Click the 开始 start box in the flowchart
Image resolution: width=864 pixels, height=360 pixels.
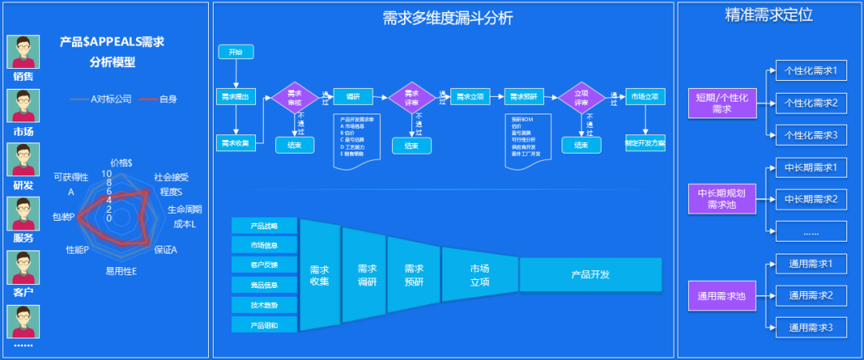pyautogui.click(x=236, y=52)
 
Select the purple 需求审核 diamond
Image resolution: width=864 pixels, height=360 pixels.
pyautogui.click(x=294, y=98)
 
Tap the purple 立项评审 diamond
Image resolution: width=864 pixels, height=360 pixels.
pyautogui.click(x=582, y=98)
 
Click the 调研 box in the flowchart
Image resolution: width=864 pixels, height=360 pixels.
pyautogui.click(x=353, y=97)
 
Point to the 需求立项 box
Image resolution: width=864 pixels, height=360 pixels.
pyautogui.click(x=470, y=97)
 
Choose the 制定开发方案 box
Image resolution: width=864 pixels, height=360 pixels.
pyautogui.click(x=645, y=144)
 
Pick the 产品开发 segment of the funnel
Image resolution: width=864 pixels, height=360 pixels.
pyautogui.click(x=590, y=274)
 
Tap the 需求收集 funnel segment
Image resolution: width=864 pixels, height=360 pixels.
pyautogui.click(x=319, y=275)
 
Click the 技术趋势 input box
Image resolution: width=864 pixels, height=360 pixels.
pyautogui.click(x=264, y=305)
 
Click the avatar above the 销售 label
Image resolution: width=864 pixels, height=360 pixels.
pyautogui.click(x=23, y=52)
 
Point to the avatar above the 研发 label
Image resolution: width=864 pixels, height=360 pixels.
pyautogui.click(x=23, y=159)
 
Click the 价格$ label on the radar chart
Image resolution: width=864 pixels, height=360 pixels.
pyautogui.click(x=122, y=162)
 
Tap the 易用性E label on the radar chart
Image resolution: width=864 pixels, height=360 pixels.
pyautogui.click(x=121, y=271)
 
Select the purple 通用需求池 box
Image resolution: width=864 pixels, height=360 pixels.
pyautogui.click(x=721, y=296)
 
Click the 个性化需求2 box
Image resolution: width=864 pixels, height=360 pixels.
pyautogui.click(x=810, y=103)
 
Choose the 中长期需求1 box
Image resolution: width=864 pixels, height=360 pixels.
pyautogui.click(x=810, y=168)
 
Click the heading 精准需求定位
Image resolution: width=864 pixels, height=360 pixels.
pyautogui.click(x=769, y=14)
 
